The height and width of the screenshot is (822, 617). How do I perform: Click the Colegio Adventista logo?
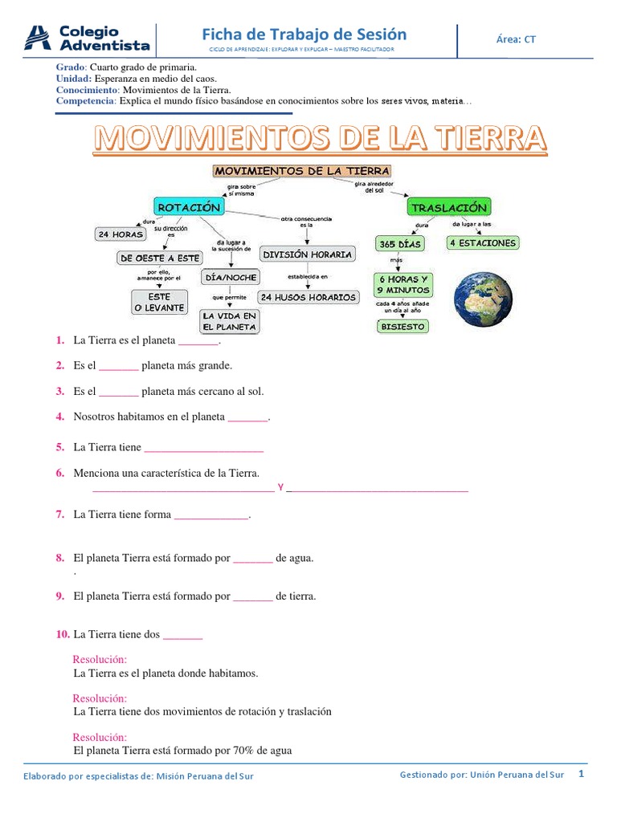tap(88, 39)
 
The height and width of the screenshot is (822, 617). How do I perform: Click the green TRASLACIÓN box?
tap(448, 207)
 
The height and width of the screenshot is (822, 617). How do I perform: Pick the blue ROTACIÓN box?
tap(189, 207)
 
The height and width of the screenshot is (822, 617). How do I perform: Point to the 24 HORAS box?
tap(121, 234)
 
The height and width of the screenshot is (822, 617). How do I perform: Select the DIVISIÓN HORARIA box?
tap(308, 254)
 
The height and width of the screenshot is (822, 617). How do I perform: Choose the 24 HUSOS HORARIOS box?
tap(308, 297)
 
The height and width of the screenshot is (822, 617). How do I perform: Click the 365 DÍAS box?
tap(399, 243)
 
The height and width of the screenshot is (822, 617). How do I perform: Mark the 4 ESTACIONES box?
tap(482, 242)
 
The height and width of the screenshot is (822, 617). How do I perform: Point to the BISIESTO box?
tap(403, 327)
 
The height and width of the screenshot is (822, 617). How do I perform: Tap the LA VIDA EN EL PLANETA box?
tap(230, 322)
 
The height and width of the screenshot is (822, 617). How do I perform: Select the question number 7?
tap(59, 515)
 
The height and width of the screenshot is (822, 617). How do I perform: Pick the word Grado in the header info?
tap(69, 68)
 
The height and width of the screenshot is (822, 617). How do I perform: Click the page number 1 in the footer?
tap(580, 774)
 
